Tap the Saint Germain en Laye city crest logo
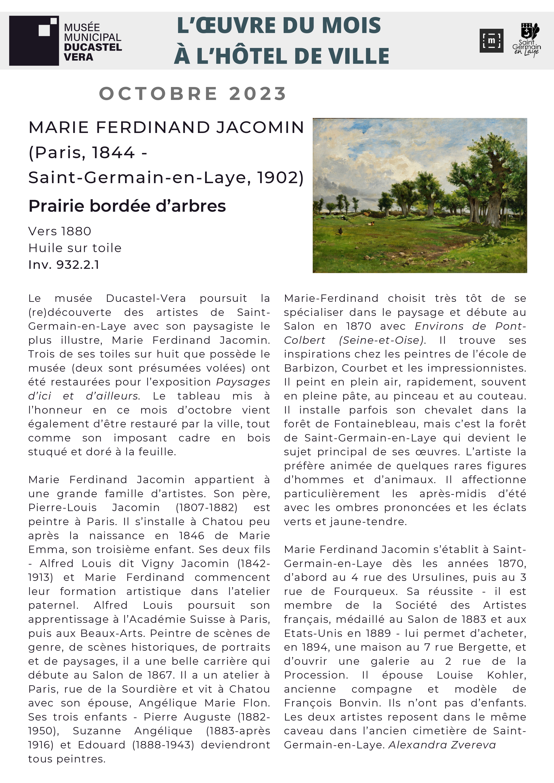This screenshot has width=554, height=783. tap(526, 39)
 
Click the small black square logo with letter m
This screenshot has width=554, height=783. tap(491, 41)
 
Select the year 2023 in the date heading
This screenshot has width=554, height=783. tap(258, 93)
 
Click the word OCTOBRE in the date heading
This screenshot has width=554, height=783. tap(158, 93)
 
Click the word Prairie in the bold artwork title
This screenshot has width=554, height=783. tap(58, 206)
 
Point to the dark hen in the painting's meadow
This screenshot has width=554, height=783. tap(340, 231)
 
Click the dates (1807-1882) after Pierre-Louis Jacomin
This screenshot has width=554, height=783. tap(206, 507)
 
